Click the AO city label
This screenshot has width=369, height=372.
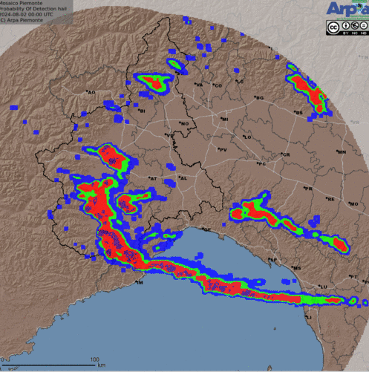91,92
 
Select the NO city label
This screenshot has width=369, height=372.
183,123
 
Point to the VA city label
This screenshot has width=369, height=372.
198,85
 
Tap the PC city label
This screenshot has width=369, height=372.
261,163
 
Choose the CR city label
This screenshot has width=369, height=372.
285,154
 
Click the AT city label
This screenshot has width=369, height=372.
152,178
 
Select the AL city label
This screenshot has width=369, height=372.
183,178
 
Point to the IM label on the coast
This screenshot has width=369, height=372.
138,283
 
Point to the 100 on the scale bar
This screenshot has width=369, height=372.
95,359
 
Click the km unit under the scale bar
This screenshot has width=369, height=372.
99,366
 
